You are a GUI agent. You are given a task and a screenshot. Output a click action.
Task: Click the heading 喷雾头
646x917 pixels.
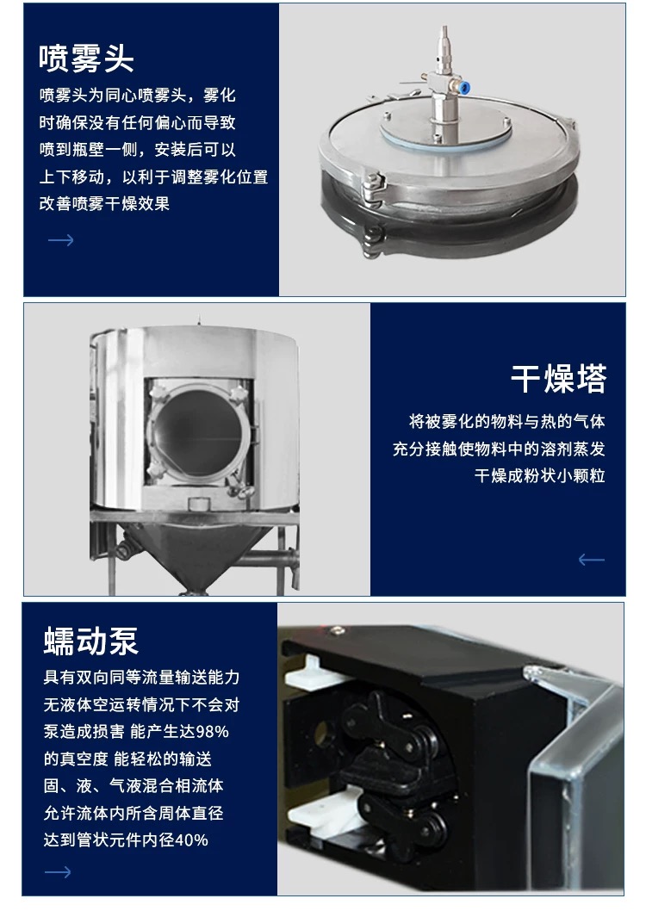[87, 59]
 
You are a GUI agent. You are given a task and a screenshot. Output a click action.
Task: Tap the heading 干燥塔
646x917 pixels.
[559, 378]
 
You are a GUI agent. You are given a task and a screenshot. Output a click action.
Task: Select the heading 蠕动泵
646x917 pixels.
[90, 641]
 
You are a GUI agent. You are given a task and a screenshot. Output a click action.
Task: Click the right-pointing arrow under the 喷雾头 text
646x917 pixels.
[60, 239]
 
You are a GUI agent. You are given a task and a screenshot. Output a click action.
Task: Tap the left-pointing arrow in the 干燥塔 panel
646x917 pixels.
[591, 560]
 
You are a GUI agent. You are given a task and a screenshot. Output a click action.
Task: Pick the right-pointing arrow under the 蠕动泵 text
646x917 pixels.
[58, 872]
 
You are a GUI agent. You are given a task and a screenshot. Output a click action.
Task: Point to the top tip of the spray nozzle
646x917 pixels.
[444, 26]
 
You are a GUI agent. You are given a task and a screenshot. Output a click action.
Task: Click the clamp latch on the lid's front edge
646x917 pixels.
[373, 188]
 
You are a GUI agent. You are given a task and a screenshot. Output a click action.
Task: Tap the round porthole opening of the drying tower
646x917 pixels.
[200, 432]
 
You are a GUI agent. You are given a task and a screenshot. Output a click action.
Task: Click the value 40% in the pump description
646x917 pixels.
[191, 840]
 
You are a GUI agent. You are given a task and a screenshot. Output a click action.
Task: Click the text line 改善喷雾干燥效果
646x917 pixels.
[104, 203]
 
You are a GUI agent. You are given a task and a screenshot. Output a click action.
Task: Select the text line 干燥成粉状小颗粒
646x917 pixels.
[539, 475]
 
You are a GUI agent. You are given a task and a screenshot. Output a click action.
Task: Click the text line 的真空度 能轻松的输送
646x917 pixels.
[127, 759]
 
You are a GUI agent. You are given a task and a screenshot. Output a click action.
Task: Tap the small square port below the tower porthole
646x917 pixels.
[196, 502]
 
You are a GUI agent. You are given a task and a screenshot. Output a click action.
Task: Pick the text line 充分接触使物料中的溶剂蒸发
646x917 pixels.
[499, 449]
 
